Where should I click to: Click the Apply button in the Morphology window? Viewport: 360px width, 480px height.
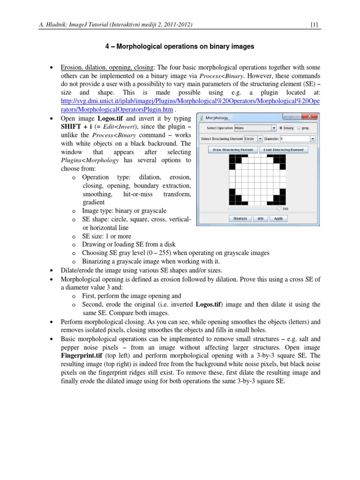pos(278,218)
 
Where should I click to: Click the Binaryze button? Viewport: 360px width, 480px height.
pos(240,218)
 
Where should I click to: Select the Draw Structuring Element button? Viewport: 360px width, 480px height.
pos(233,150)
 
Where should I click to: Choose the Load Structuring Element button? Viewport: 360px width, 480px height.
pos(284,150)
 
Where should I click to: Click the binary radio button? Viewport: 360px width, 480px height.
pos(281,127)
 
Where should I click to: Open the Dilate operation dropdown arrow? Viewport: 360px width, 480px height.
pos(274,127)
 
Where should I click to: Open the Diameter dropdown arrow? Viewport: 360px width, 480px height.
pos(312,139)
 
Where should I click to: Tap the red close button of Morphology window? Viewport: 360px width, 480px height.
pos(309,117)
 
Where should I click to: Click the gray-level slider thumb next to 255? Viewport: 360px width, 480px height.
pos(279,209)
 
